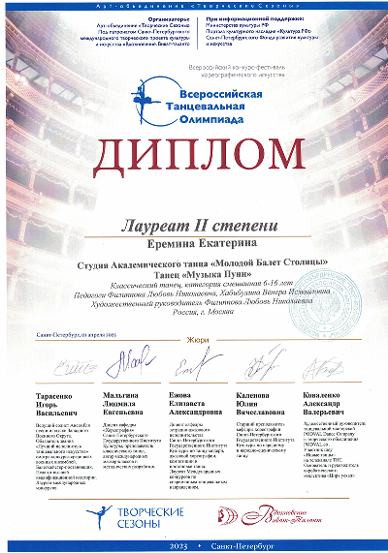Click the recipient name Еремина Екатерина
tap(193, 230)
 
